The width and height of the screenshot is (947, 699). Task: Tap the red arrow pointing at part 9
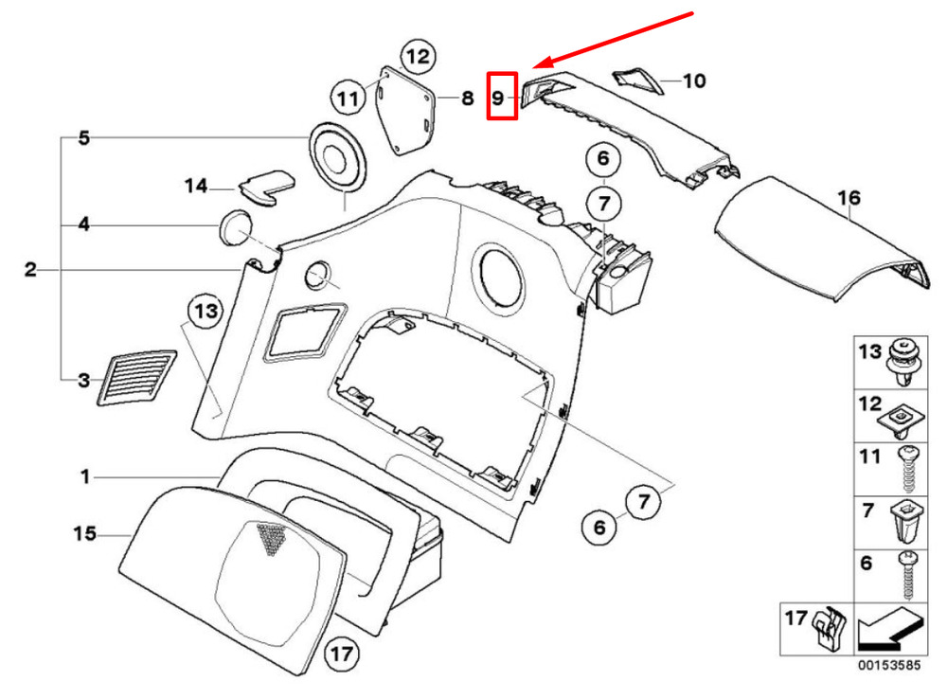612,39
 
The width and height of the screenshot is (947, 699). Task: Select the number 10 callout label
694,81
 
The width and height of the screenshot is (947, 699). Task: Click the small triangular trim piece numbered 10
637,81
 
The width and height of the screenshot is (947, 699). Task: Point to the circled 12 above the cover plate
418,56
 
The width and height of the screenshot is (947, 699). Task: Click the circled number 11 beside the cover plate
348,98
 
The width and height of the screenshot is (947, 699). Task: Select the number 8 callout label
468,98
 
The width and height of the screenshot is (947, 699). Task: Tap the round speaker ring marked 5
337,157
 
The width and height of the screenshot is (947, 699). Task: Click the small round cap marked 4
234,227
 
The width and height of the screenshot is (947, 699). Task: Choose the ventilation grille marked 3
136,378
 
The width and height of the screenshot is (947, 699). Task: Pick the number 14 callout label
196,186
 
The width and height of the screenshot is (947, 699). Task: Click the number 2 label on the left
31,269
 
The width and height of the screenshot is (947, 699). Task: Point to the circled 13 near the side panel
205,311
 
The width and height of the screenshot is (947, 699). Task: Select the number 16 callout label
849,198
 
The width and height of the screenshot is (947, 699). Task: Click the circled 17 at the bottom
342,654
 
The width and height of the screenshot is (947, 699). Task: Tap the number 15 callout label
84,533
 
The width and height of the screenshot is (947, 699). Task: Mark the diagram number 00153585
889,665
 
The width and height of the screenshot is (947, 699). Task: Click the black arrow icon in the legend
890,629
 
